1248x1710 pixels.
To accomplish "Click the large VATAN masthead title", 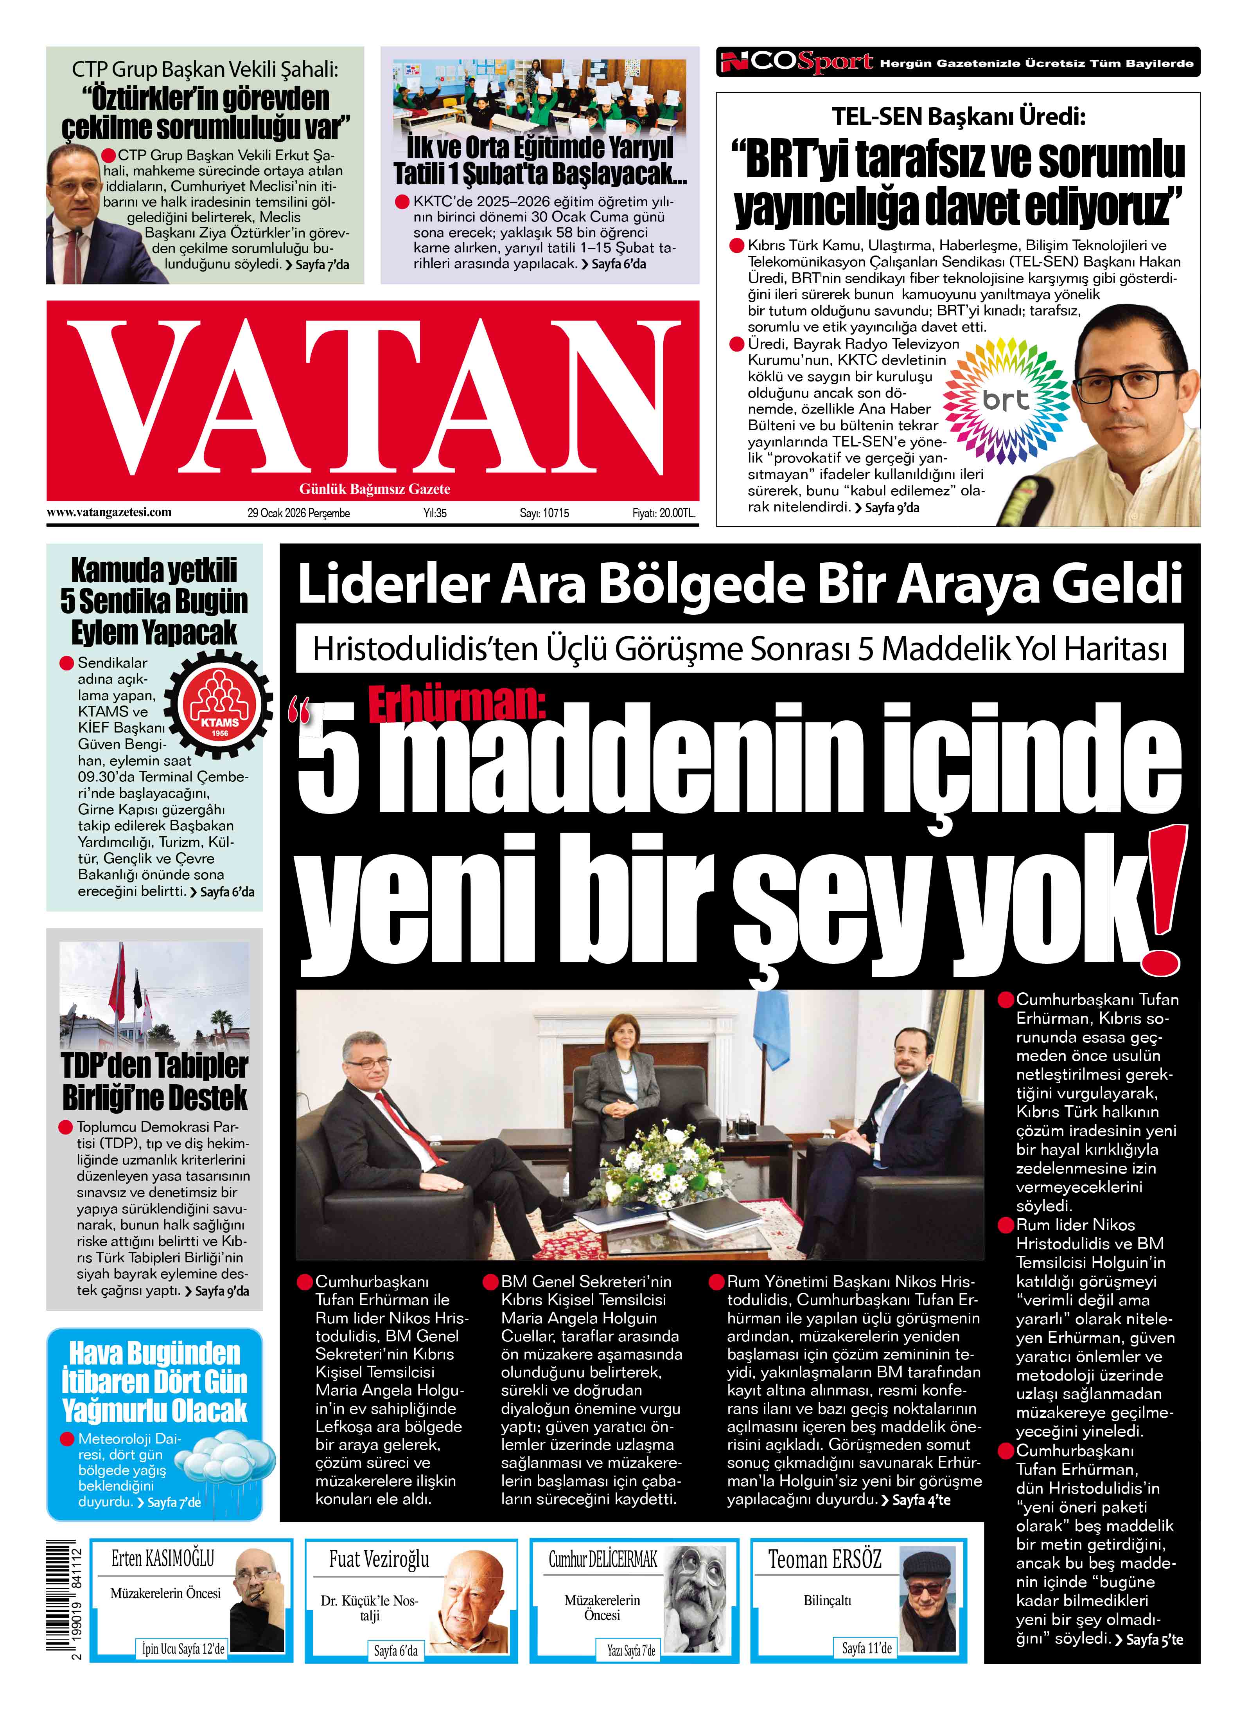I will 372,397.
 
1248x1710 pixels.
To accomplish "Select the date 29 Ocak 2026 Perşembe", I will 298,513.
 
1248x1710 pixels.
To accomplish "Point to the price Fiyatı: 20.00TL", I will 663,513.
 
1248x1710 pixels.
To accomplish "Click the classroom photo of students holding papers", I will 539,94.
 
